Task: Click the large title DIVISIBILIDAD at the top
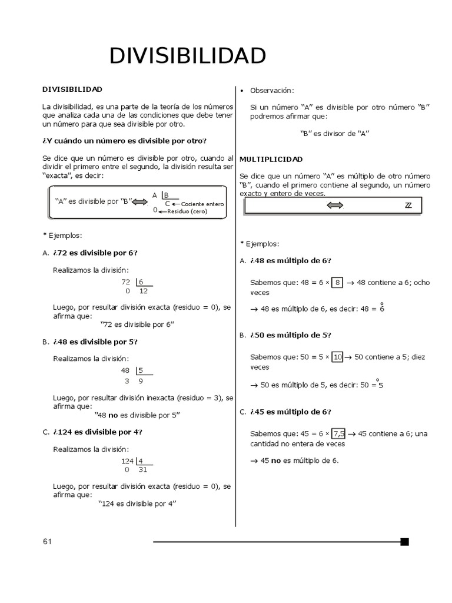pos(188,56)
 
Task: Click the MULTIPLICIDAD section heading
pos(271,159)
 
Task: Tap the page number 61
pos(47,542)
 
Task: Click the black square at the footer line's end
pos(404,542)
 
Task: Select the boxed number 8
pos(337,283)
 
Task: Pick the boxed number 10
pos(337,357)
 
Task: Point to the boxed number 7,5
pos(339,433)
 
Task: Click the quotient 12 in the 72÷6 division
pos(144,291)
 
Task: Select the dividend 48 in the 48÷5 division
pos(125,370)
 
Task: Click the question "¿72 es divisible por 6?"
pos(95,253)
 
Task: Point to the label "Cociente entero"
pos(203,204)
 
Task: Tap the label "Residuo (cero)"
pos(187,211)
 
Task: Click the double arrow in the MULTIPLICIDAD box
pos(334,205)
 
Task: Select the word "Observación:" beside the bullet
pos(272,90)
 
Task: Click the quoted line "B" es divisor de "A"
pos(334,133)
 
